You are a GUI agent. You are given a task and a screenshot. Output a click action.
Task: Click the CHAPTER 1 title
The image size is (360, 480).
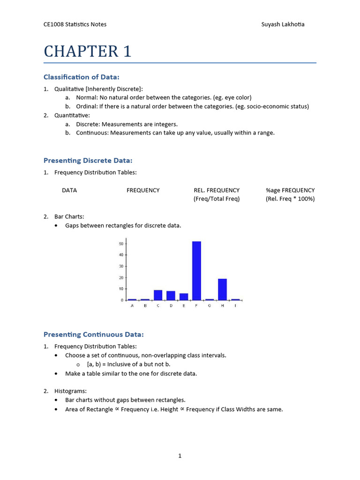click(x=88, y=51)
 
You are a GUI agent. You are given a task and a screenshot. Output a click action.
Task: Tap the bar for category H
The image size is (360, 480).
click(x=222, y=289)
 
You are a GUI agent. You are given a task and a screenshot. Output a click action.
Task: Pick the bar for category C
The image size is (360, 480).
click(x=158, y=295)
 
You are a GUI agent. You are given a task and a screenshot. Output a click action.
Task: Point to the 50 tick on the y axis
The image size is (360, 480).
click(x=121, y=244)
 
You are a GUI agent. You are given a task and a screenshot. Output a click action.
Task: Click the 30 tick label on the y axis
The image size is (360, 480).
click(x=121, y=266)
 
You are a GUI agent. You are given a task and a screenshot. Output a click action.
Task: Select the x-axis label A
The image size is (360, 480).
click(x=132, y=306)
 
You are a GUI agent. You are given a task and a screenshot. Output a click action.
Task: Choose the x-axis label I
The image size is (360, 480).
click(x=235, y=306)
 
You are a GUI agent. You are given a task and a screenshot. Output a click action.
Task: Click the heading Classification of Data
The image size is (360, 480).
click(x=84, y=77)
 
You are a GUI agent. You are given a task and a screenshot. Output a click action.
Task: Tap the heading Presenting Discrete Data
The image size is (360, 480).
click(x=88, y=160)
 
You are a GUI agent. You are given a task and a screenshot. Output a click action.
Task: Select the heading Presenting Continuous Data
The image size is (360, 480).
click(x=93, y=334)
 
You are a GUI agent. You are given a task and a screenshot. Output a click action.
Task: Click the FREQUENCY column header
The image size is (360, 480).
click(x=143, y=190)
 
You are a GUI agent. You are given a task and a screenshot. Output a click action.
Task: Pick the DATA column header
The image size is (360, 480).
click(x=69, y=190)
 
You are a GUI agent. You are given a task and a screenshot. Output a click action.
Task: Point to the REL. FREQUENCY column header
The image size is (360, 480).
click(x=217, y=190)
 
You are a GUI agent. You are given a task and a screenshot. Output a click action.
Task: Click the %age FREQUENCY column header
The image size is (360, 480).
click(x=290, y=190)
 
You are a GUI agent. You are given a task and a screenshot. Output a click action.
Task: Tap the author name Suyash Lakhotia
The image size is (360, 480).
click(x=283, y=24)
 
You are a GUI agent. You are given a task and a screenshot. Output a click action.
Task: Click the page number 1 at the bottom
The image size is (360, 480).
click(x=180, y=456)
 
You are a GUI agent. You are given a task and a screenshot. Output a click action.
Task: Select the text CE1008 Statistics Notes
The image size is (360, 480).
click(x=75, y=24)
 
